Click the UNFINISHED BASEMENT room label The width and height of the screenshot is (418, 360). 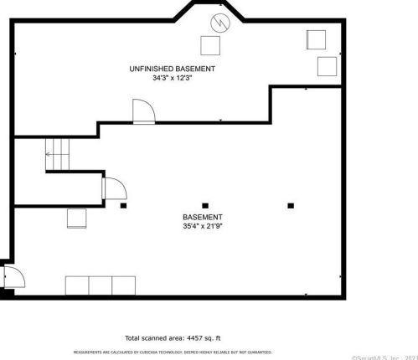[x=173, y=68]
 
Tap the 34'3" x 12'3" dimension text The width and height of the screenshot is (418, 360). [x=173, y=78]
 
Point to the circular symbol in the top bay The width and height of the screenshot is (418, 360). [x=220, y=21]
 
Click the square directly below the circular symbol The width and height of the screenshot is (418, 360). [x=210, y=45]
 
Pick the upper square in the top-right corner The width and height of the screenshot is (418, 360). [x=317, y=39]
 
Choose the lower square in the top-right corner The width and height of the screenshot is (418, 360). [x=325, y=66]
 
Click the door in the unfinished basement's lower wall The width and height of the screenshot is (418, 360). [x=142, y=111]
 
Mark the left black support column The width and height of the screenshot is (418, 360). [x=122, y=205]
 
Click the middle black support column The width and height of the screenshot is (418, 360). [x=204, y=205]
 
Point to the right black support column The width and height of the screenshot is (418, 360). [x=291, y=205]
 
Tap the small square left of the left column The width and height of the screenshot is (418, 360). [x=77, y=218]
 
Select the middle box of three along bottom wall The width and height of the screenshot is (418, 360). [x=101, y=285]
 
